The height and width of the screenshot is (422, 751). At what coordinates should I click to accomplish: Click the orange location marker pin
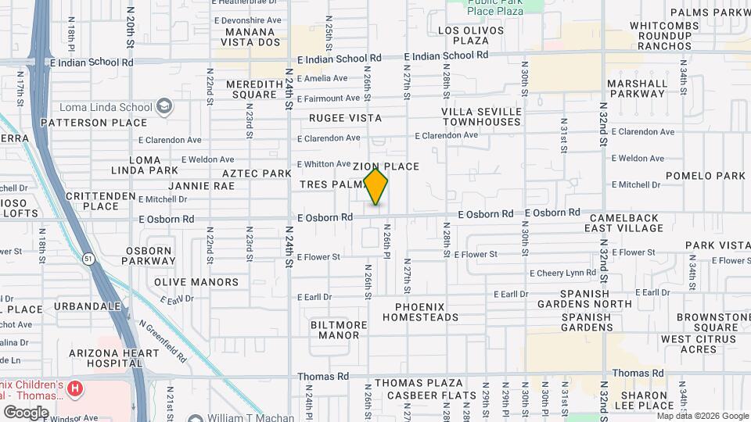pyautogui.click(x=376, y=187)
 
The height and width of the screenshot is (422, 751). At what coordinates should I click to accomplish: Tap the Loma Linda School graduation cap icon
pyautogui.click(x=164, y=106)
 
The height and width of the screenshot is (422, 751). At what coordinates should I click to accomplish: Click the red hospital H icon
pyautogui.click(x=75, y=388)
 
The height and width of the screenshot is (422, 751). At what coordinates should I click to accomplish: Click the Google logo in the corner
pyautogui.click(x=25, y=412)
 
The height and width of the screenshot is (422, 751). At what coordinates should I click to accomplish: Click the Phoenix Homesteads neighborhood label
pyautogui.click(x=426, y=312)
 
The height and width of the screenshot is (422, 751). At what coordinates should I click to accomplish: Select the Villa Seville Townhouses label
pyautogui.click(x=480, y=116)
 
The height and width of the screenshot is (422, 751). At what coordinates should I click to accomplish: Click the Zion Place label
pyautogui.click(x=386, y=166)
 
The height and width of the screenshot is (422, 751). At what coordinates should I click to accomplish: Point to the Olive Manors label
pyautogui.click(x=196, y=282)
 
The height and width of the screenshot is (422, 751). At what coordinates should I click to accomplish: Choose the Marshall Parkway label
pyautogui.click(x=636, y=88)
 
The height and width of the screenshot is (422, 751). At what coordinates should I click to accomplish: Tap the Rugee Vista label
pyautogui.click(x=345, y=118)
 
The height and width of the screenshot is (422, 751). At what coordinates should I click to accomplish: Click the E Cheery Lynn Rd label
pyautogui.click(x=562, y=274)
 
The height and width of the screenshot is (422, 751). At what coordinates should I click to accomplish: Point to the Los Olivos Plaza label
pyautogui.click(x=464, y=35)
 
